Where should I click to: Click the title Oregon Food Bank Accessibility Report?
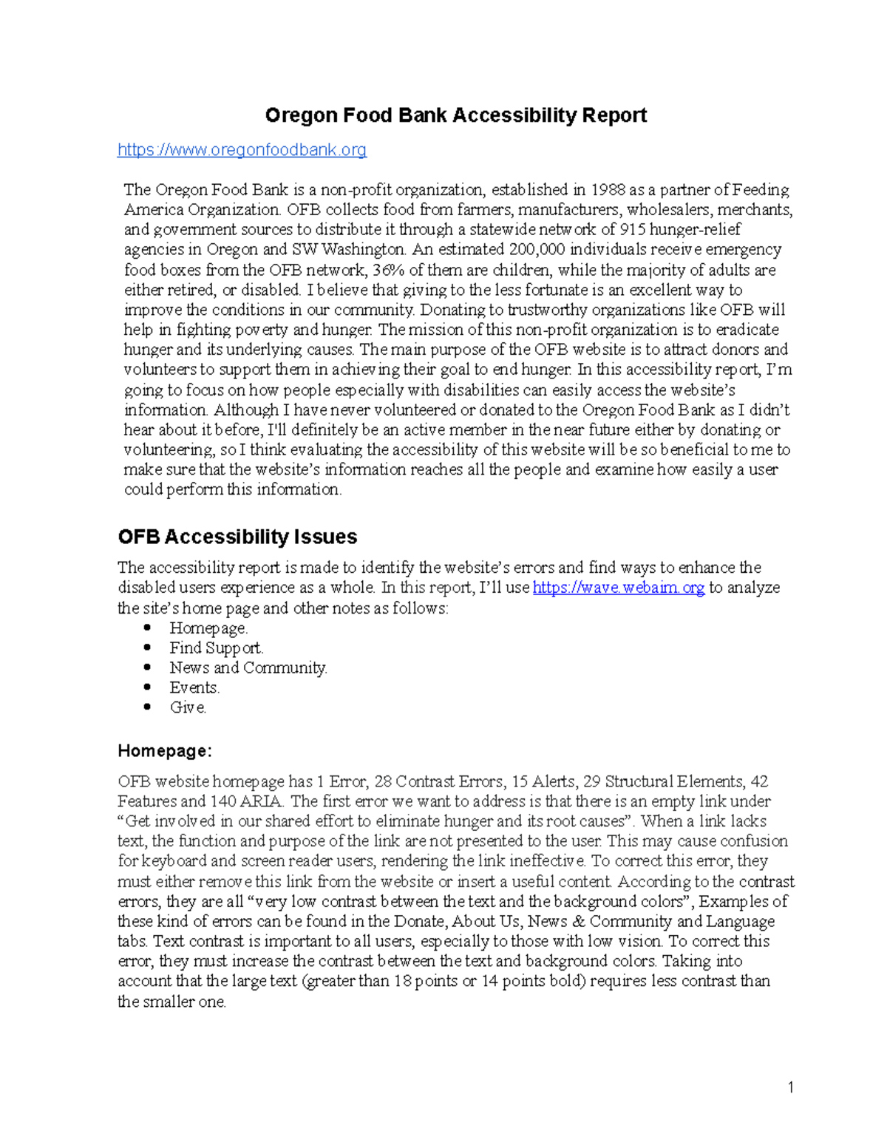pos(455,115)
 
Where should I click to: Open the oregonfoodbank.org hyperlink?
pos(242,150)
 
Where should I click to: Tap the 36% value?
pos(389,270)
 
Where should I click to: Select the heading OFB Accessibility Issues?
pos(237,537)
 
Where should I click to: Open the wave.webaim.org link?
pos(618,588)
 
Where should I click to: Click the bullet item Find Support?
pos(216,648)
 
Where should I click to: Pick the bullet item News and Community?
pos(248,668)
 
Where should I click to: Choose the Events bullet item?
pos(194,688)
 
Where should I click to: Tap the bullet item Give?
pos(188,708)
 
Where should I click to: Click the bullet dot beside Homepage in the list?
pos(149,628)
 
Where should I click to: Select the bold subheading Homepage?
pos(165,751)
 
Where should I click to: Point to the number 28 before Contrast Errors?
pos(383,782)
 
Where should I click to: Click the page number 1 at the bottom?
pos(790,1087)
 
